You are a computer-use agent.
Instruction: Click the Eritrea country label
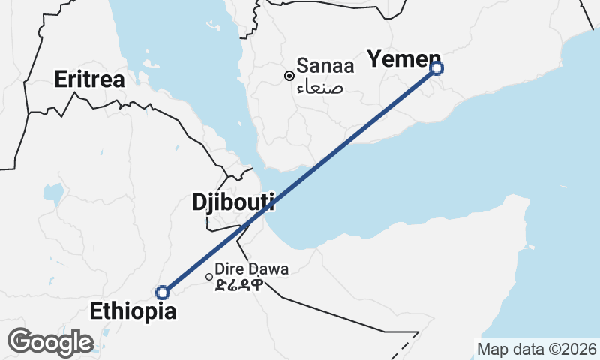89,79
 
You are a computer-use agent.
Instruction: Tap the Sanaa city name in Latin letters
328,65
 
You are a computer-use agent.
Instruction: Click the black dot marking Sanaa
289,75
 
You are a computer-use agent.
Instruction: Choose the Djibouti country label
233,202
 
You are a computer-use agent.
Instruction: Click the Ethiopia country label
133,310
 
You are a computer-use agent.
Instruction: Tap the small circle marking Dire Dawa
209,276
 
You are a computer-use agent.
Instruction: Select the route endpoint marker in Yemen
437,68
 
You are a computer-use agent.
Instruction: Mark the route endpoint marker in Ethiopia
162,292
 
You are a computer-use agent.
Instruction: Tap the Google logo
50,342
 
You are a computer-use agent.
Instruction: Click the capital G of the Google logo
20,341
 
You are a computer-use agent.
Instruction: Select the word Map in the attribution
493,349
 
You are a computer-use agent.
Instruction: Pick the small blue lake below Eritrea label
53,194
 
